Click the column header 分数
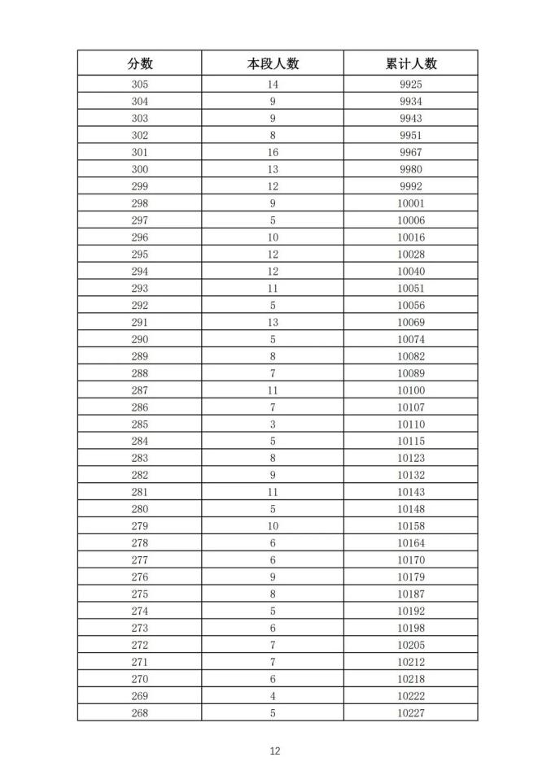tap(140, 63)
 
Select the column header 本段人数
tap(273, 63)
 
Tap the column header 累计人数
tap(411, 63)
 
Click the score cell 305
tap(140, 85)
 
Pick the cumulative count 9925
tap(411, 85)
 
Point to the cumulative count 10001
tap(411, 203)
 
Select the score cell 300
tap(140, 169)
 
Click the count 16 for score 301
tap(273, 152)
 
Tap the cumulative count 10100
tap(411, 390)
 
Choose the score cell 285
tap(140, 424)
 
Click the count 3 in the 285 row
tap(273, 424)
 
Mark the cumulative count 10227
tap(411, 713)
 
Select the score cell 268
tap(140, 713)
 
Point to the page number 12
tap(275, 751)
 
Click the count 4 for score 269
tap(273, 696)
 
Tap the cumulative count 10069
tap(411, 323)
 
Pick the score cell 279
tap(140, 526)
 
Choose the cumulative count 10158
tap(411, 526)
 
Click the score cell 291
tap(140, 323)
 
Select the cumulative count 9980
tap(411, 169)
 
